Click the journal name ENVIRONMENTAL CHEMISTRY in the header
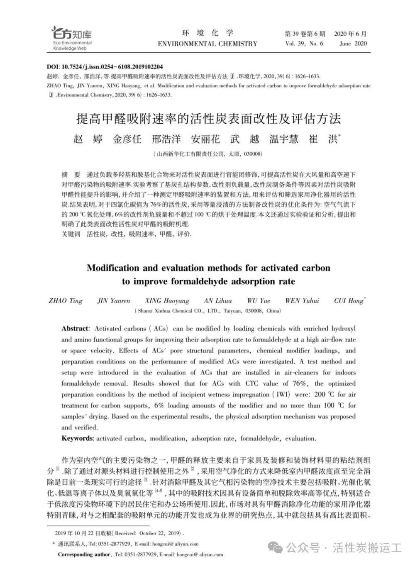pyautogui.click(x=207, y=44)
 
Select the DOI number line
pyautogui.click(x=105, y=66)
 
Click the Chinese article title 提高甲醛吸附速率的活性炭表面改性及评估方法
pyautogui.click(x=208, y=119)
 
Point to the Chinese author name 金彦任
pyautogui.click(x=127, y=139)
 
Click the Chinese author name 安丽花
pyautogui.click(x=205, y=139)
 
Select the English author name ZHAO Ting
pyautogui.click(x=66, y=300)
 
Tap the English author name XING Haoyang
pyautogui.click(x=167, y=300)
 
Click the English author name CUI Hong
pyautogui.click(x=349, y=300)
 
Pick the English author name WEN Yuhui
pyautogui.click(x=302, y=300)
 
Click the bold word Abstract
pyautogui.click(x=75, y=328)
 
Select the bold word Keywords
pyautogui.click(x=77, y=438)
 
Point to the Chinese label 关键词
pyautogui.click(x=71, y=234)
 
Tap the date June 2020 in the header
pyautogui.click(x=353, y=44)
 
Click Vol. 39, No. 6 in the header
pyautogui.click(x=304, y=44)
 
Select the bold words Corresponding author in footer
pyautogui.click(x=84, y=554)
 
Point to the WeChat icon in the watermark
pyautogui.click(x=275, y=548)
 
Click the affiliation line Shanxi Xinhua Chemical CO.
pyautogui.click(x=207, y=311)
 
